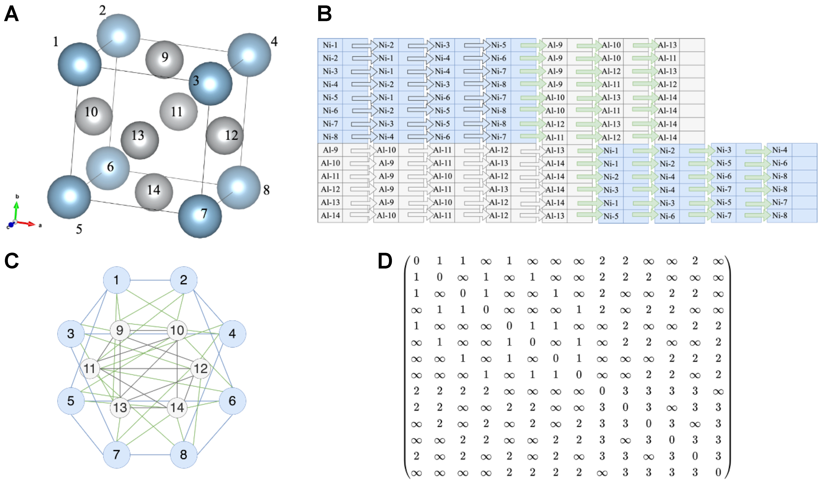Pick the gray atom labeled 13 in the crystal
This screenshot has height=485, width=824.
140,140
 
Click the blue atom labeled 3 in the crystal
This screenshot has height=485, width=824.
210,83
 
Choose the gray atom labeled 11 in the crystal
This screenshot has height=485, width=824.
178,112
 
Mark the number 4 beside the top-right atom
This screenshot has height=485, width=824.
274,42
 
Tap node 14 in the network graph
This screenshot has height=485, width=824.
177,407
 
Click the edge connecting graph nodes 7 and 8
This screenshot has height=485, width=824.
150,455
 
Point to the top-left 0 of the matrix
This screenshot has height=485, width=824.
416,261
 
